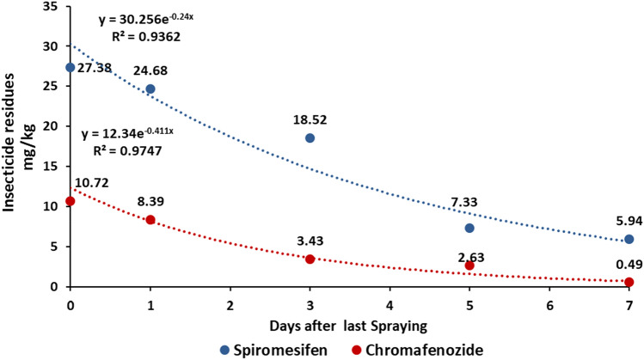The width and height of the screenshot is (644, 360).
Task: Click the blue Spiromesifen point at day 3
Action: pos(310,138)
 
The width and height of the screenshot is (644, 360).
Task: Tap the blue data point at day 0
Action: pos(71,67)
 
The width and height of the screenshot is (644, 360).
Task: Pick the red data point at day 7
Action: pos(629,282)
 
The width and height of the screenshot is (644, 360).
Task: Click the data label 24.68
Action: pos(150,71)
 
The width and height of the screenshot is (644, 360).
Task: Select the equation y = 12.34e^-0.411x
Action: pos(127,134)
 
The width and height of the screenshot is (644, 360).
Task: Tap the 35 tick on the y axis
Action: pos(52,6)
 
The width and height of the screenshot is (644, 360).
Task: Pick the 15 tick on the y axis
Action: pos(52,166)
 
